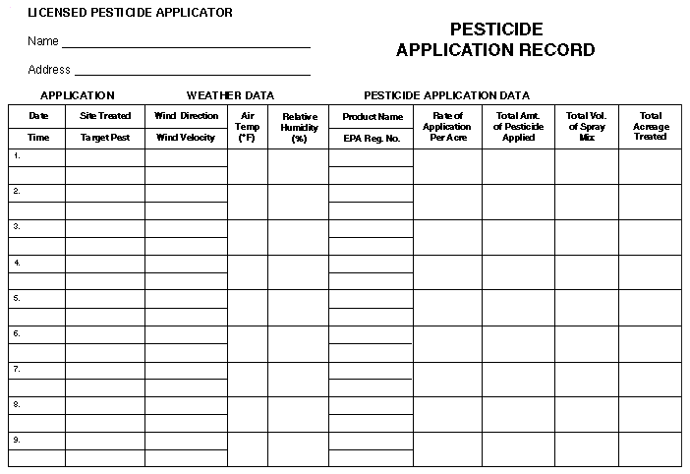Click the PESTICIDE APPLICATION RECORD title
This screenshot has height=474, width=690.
pyautogui.click(x=495, y=40)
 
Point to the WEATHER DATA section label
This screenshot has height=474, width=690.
pyautogui.click(x=230, y=95)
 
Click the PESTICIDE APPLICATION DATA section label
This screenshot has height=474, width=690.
pyautogui.click(x=446, y=95)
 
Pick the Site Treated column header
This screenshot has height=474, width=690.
pyautogui.click(x=105, y=116)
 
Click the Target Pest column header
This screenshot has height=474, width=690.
pyautogui.click(x=105, y=138)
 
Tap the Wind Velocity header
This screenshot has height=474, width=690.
pyautogui.click(x=185, y=138)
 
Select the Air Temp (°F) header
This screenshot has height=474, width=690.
pyautogui.click(x=247, y=127)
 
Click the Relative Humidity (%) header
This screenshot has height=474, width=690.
pyautogui.click(x=299, y=128)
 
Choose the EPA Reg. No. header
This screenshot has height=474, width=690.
pyautogui.click(x=372, y=139)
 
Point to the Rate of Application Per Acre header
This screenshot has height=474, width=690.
pyautogui.click(x=447, y=127)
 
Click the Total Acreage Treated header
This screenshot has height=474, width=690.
pyautogui.click(x=650, y=127)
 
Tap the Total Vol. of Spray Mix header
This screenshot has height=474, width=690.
pyautogui.click(x=587, y=127)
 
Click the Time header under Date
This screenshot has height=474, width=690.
pyautogui.click(x=38, y=138)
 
